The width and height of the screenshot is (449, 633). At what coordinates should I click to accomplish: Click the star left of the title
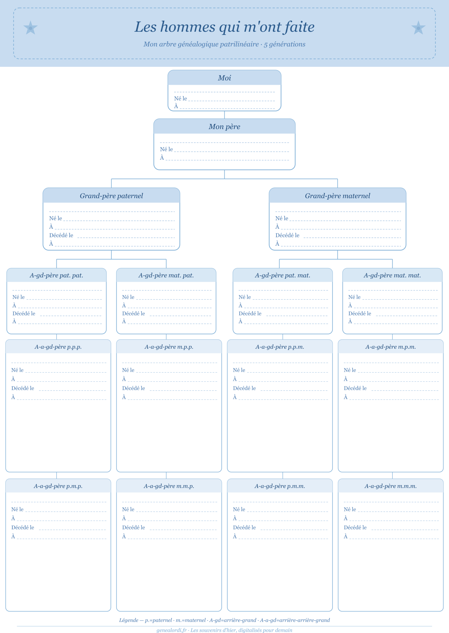30,28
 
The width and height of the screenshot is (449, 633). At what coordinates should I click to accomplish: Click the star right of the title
418,28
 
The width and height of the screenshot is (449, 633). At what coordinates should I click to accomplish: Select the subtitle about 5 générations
224,44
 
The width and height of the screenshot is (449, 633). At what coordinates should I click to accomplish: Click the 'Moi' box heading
224,78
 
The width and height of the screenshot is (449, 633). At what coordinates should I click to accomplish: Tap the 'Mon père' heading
224,127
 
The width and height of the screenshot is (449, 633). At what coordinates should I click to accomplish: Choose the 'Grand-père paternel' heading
111,196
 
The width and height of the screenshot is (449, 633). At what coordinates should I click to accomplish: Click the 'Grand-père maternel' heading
338,196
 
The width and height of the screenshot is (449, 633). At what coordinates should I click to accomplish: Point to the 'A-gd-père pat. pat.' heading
56,275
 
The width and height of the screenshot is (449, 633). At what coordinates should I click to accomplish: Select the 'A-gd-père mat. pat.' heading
166,275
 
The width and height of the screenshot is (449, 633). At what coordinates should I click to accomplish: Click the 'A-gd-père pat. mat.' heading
283,275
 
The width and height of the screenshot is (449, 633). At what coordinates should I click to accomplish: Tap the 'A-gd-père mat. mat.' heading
392,275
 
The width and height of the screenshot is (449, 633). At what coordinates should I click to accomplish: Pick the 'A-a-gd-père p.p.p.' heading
58,347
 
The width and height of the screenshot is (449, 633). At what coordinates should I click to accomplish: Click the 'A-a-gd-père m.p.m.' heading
391,347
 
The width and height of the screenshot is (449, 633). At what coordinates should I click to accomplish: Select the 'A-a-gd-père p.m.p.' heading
58,486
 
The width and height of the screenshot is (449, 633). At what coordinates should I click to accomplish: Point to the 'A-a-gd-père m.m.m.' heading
391,486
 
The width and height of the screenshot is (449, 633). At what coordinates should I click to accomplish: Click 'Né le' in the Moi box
181,98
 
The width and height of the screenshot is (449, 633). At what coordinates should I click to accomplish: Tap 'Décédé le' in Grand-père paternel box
61,235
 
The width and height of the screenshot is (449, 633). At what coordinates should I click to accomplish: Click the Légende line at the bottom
224,620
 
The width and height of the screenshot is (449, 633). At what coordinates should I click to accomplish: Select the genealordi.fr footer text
224,630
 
